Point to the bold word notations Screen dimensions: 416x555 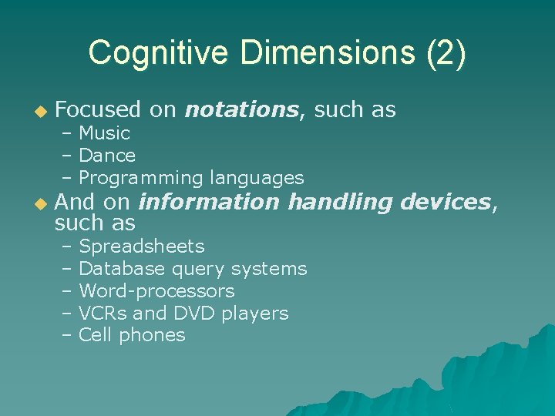click(241, 110)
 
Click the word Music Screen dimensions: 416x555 click(105, 133)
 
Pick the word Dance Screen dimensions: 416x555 click(107, 156)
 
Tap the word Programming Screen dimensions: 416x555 click(140, 178)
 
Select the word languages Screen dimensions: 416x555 click(256, 178)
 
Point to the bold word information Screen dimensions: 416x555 click(208, 202)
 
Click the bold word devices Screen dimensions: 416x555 click(446, 202)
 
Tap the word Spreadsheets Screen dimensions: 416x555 click(142, 247)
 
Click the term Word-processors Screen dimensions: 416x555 click(156, 291)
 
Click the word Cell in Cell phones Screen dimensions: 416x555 click(96, 335)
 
